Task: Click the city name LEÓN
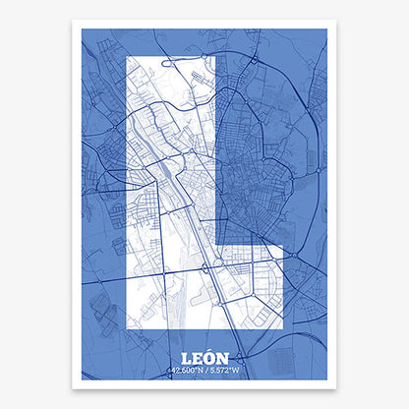pos(204,357)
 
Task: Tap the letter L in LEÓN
pos(188,357)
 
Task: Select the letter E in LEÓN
pos(199,357)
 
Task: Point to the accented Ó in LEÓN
pos(209,357)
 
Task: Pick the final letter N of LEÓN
pos(222,357)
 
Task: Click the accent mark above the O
pos(210,350)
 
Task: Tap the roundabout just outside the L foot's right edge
pos(288,278)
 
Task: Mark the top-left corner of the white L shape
pos(126,57)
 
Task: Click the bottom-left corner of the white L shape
pos(126,329)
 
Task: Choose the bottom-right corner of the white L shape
pos(283,329)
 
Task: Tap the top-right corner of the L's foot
pos(283,246)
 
